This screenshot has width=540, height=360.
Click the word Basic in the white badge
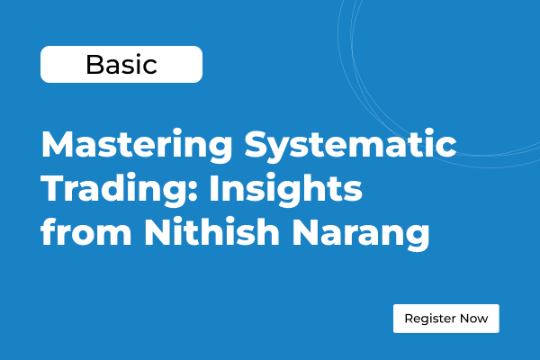[121, 65]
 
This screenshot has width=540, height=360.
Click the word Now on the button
[475, 319]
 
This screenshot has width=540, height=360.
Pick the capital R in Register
[409, 319]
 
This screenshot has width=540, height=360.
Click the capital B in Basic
[94, 65]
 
